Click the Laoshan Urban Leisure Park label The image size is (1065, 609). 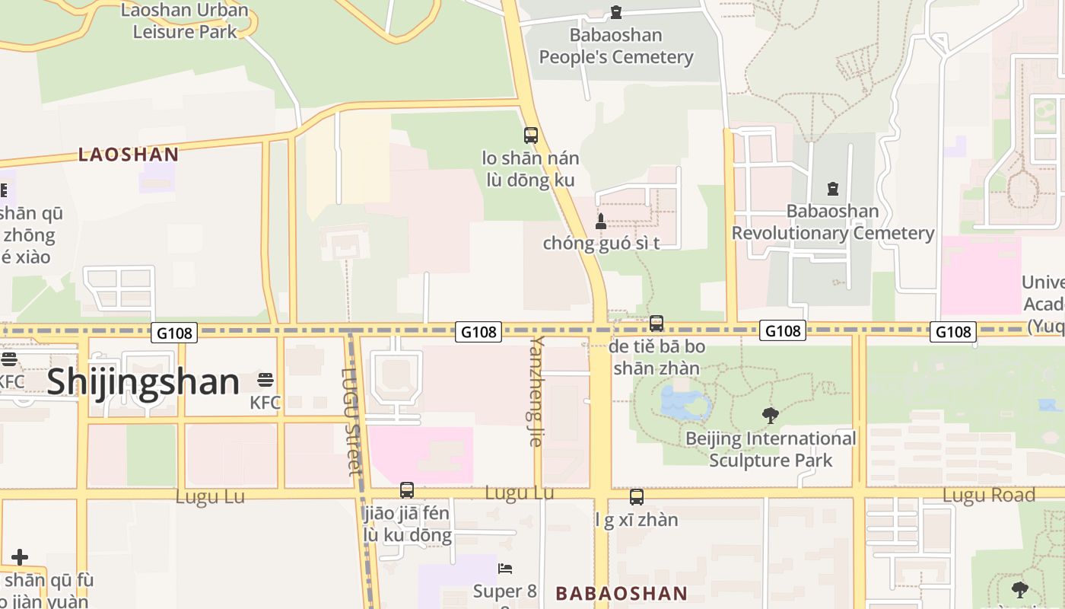185,21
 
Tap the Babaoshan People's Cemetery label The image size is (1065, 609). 616,46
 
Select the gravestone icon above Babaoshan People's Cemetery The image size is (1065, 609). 616,12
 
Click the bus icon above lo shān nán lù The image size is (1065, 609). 531,136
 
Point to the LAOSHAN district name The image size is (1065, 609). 129,155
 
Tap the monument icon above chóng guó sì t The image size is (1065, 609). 601,222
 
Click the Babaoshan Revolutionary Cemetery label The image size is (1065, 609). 833,222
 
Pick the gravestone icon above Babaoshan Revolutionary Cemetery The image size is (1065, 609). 833,188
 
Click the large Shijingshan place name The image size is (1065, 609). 143,381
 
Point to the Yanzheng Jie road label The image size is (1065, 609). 537,390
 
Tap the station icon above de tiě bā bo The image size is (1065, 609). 656,323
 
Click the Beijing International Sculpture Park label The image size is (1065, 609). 771,449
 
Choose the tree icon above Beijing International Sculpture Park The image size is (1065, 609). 771,415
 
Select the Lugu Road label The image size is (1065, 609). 989,496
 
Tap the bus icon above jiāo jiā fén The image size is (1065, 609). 407,490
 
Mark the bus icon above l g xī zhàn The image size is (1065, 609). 637,497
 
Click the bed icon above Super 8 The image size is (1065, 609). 505,569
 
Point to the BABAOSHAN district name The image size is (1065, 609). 622,594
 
